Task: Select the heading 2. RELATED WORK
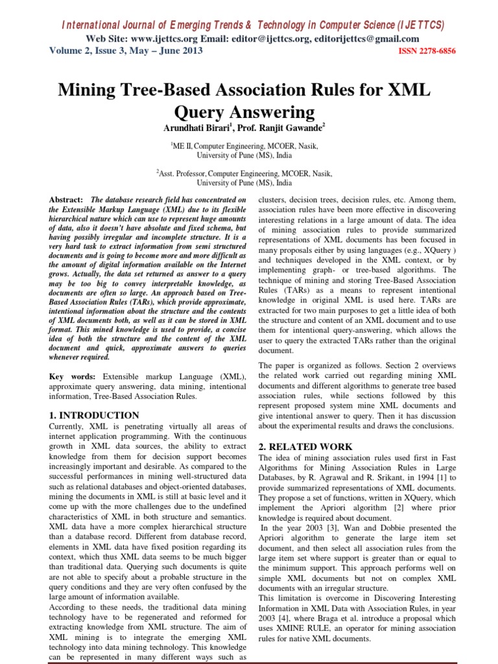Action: pyautogui.click(x=305, y=447)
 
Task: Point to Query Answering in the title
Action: pyautogui.click(x=249, y=112)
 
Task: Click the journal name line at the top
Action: pyautogui.click(x=253, y=25)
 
